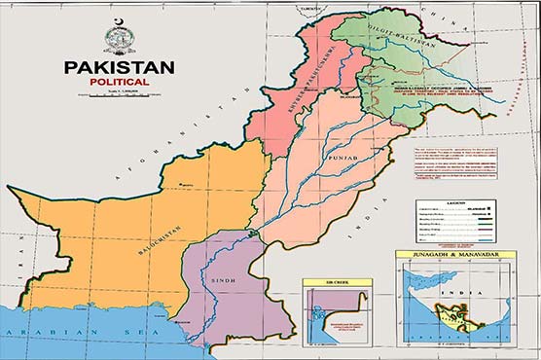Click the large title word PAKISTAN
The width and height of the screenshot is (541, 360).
click(120, 68)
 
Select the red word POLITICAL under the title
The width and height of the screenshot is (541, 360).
click(120, 83)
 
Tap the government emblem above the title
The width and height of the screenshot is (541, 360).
click(120, 37)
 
